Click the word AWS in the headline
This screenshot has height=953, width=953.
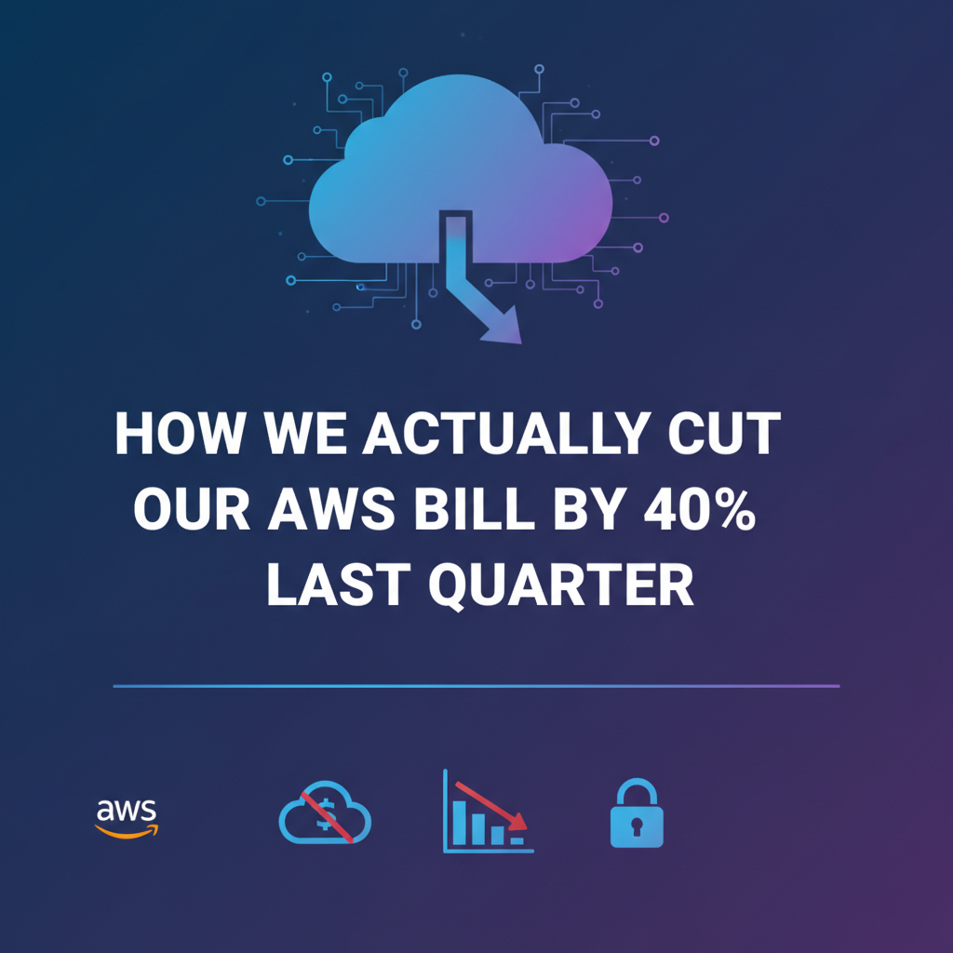pos(315,509)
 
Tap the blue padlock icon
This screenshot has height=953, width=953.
pos(637,815)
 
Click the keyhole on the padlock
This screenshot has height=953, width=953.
pos(637,825)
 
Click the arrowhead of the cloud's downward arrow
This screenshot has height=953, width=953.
pos(502,329)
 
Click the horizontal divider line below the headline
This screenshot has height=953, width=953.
pos(476,687)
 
